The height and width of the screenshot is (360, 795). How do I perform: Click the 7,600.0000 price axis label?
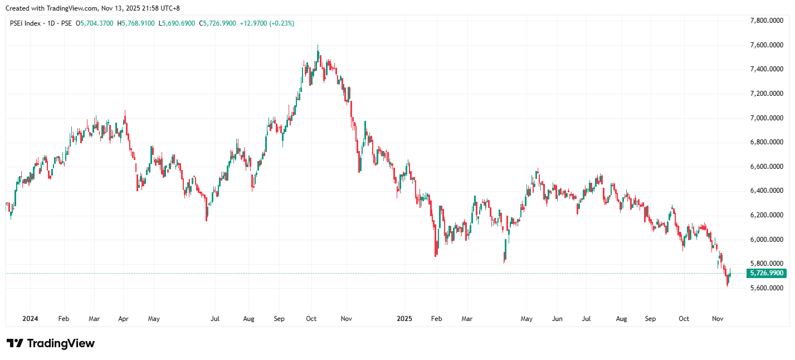pos(768,45)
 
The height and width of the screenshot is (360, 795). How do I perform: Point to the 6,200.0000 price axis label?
pos(768,215)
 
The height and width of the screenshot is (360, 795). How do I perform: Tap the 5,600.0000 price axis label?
pos(768,288)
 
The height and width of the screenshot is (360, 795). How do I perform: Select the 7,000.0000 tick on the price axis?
pos(768,118)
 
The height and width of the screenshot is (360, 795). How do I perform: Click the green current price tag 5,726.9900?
pos(767,273)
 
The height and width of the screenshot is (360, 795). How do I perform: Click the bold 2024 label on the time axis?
pos(30,319)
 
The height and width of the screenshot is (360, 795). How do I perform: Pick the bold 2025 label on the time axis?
pos(404,319)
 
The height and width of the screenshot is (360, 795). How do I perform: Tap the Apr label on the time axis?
pos(124,319)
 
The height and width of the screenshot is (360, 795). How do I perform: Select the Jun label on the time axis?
pos(557,319)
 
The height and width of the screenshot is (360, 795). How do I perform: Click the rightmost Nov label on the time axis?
pos(718,319)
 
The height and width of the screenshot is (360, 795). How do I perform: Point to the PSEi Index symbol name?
pos(26,23)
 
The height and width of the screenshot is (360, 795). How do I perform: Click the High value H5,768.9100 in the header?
pos(136,23)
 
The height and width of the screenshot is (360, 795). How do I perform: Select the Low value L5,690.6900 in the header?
pos(177,23)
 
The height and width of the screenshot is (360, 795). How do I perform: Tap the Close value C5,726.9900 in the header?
pos(218,23)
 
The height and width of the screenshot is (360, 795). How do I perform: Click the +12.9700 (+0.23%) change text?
pos(267,23)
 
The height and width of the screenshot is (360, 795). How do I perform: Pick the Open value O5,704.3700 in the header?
pos(95,23)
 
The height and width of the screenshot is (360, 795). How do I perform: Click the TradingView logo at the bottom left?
pos(50,343)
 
